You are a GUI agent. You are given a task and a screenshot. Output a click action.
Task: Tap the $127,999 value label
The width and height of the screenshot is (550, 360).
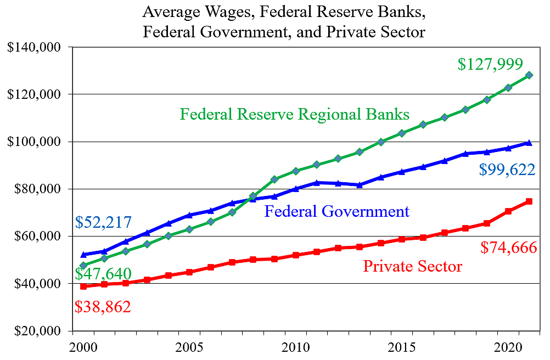click(490, 64)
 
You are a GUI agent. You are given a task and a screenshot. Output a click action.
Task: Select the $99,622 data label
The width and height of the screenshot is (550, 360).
click(507, 170)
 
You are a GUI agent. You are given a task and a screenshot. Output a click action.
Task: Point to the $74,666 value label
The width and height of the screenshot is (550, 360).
click(508, 248)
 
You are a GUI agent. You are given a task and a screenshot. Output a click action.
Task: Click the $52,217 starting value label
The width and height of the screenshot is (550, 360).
click(103, 222)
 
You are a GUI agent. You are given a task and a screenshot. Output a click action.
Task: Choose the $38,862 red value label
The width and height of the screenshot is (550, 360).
click(103, 306)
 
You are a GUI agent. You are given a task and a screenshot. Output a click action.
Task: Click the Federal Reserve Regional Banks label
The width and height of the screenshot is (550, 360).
click(295, 114)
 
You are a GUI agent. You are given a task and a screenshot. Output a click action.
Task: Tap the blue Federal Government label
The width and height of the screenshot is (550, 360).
click(336, 211)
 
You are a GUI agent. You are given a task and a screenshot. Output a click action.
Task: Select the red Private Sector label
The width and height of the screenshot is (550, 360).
click(412, 267)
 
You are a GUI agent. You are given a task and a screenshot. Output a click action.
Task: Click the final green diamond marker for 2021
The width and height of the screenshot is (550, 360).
click(529, 75)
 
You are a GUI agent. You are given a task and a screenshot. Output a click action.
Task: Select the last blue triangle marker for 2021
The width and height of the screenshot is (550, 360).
click(529, 143)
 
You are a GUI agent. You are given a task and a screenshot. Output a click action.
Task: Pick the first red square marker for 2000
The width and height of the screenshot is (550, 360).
click(83, 286)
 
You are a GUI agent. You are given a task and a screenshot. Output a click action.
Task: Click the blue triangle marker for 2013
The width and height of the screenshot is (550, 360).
click(360, 185)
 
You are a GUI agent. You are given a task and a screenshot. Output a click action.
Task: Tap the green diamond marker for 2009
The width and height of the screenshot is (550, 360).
click(274, 179)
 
